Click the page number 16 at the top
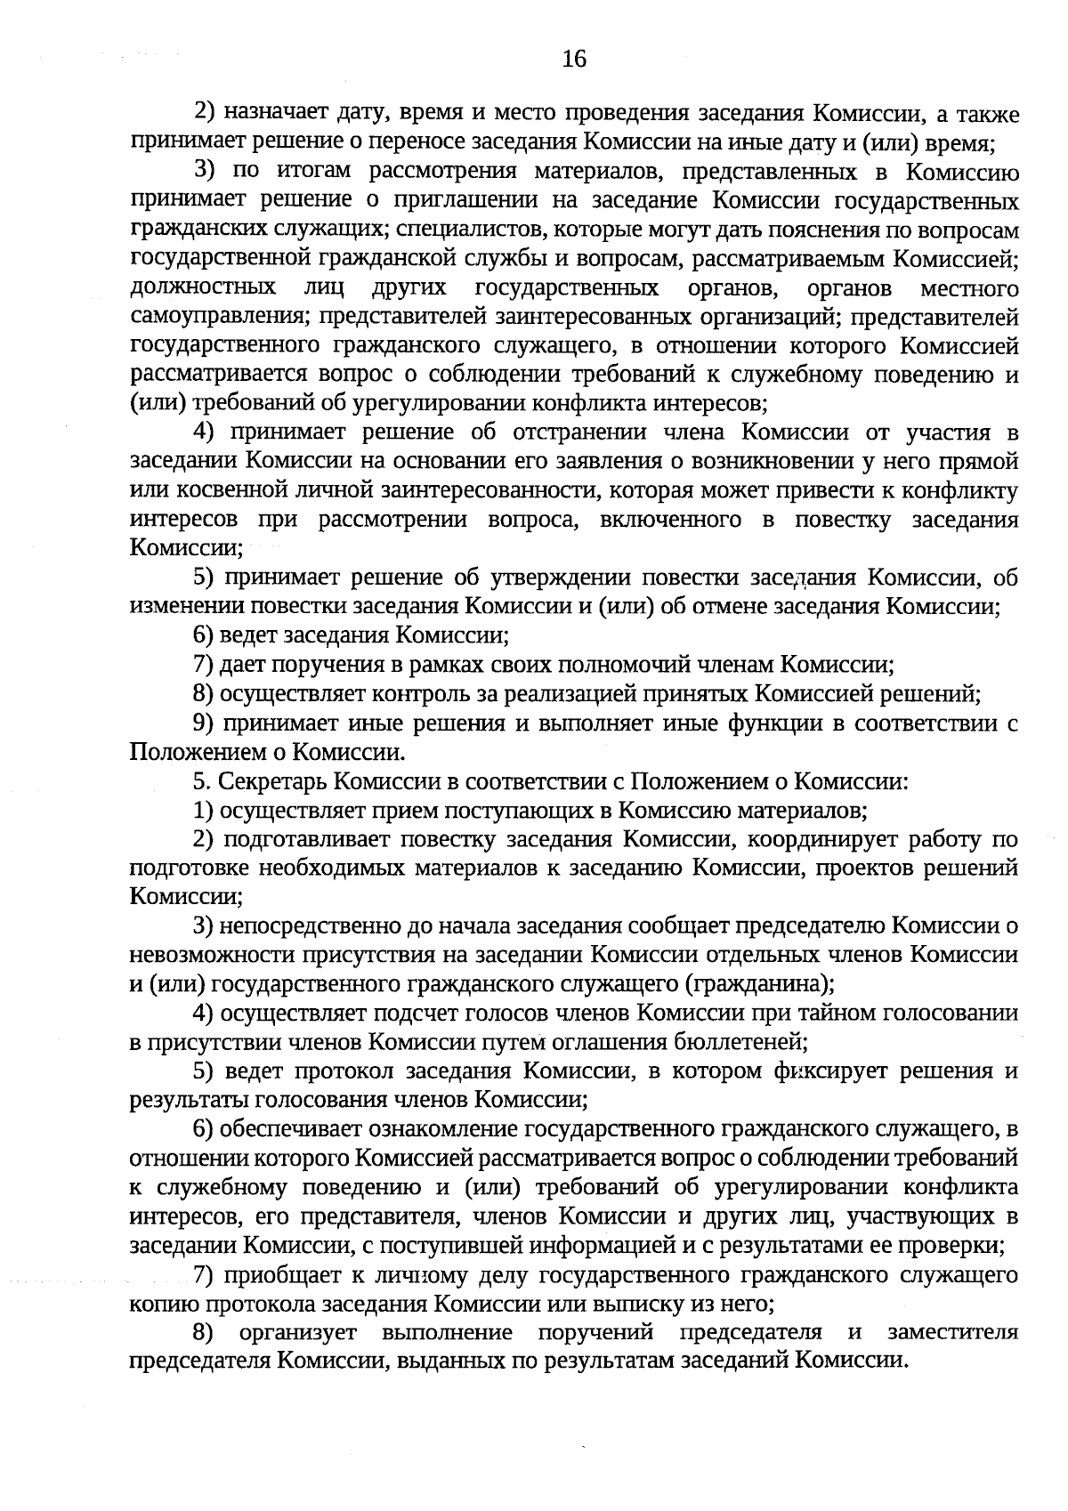[574, 60]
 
